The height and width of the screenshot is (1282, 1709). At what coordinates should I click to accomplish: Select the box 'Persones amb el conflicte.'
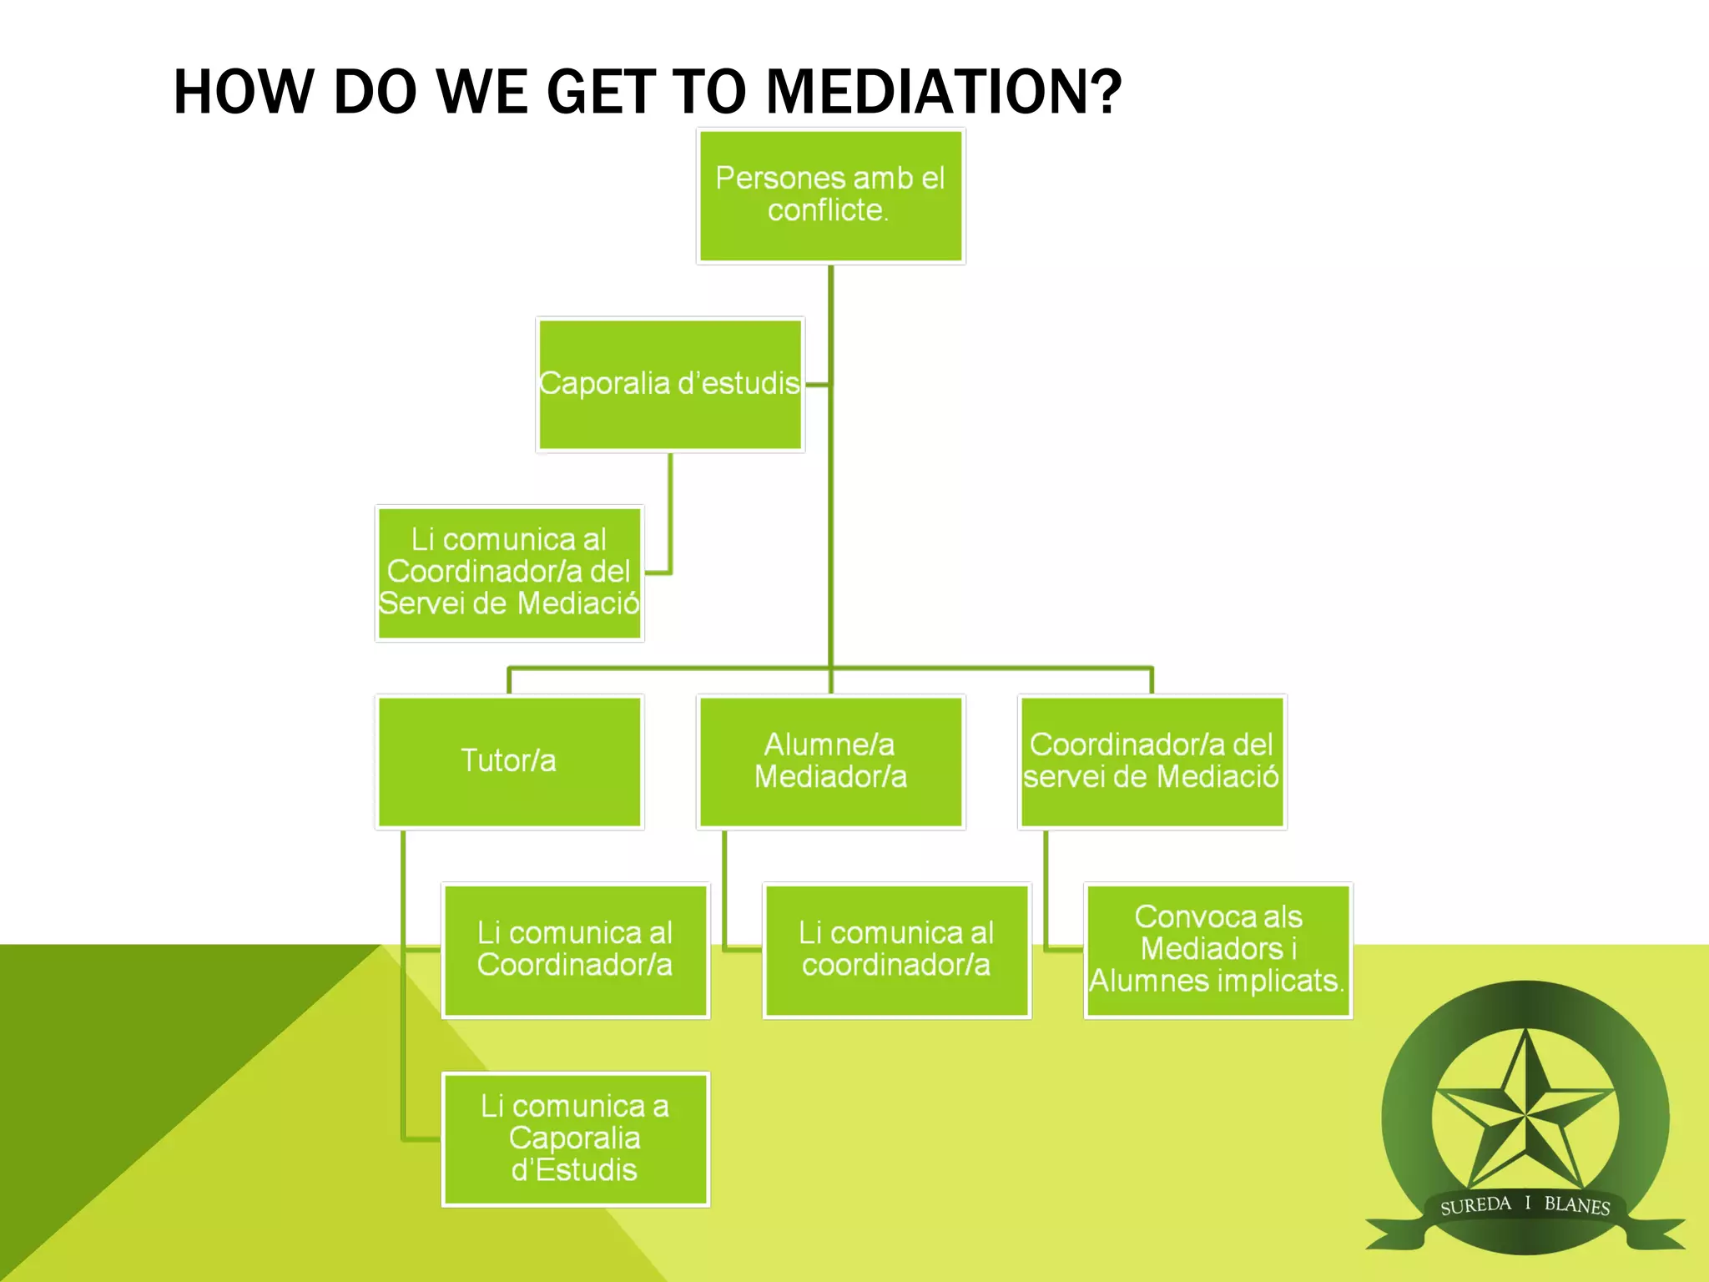pos(830,196)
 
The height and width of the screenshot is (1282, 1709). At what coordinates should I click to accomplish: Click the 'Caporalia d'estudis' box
pos(669,385)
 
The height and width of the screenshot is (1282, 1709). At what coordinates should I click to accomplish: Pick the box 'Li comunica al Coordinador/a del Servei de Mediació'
pos(509,573)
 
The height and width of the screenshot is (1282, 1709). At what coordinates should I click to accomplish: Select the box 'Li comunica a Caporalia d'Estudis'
pos(575,1139)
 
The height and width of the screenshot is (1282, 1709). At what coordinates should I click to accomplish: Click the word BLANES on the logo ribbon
pos(1576,1205)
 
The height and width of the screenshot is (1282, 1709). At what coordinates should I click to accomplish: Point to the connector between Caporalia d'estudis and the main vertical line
pos(817,385)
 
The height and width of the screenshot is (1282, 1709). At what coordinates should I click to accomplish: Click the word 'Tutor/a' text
pos(508,760)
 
